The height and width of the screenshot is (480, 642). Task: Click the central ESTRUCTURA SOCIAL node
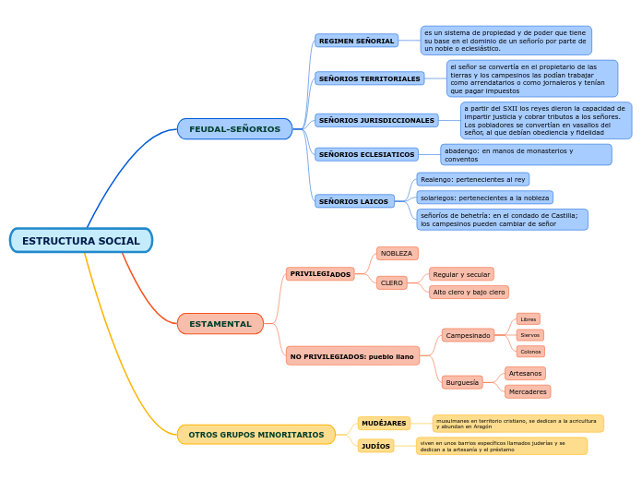click(x=81, y=241)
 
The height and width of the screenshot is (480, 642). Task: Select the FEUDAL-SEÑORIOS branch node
click(x=234, y=129)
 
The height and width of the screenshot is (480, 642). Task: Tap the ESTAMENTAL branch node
click(x=220, y=324)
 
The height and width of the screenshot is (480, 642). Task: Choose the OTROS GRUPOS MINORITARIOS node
click(x=256, y=435)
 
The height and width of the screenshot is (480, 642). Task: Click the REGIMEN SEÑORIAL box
click(x=356, y=42)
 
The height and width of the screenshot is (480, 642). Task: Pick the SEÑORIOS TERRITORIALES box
click(x=369, y=79)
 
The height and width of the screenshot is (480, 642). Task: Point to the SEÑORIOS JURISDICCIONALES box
click(x=376, y=121)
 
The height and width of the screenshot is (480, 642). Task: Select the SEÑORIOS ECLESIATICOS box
click(x=366, y=155)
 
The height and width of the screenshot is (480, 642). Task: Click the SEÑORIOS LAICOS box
click(x=354, y=201)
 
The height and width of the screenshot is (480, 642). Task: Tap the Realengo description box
click(x=472, y=180)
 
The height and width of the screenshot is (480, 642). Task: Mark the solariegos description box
click(x=484, y=198)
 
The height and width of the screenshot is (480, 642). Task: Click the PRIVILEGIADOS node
click(x=320, y=274)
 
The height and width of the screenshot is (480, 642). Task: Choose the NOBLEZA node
click(x=397, y=254)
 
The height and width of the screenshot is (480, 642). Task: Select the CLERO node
click(x=392, y=283)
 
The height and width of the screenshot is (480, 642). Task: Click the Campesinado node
click(x=468, y=336)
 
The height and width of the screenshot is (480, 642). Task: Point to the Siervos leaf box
click(x=529, y=335)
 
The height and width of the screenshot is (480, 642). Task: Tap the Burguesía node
click(x=462, y=382)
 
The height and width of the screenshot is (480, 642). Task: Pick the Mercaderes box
click(x=528, y=392)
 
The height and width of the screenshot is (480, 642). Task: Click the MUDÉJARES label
click(x=384, y=424)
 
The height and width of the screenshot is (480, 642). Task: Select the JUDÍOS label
click(x=375, y=446)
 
